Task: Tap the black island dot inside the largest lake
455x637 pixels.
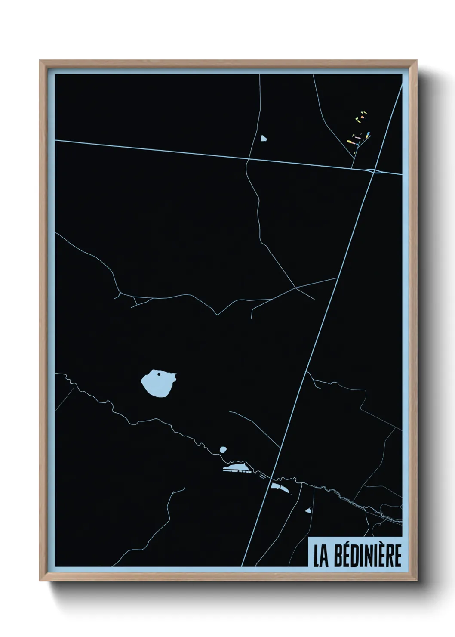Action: click(x=159, y=374)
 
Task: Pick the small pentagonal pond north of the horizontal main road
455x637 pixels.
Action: click(x=263, y=139)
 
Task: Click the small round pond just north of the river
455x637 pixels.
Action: click(x=223, y=450)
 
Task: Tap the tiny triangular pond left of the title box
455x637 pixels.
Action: click(x=308, y=511)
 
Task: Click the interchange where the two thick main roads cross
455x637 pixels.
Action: click(x=373, y=171)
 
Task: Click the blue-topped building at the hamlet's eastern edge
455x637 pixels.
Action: click(x=369, y=134)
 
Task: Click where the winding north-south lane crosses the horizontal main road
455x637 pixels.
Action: click(x=247, y=160)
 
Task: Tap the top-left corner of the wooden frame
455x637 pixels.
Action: click(x=40, y=61)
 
